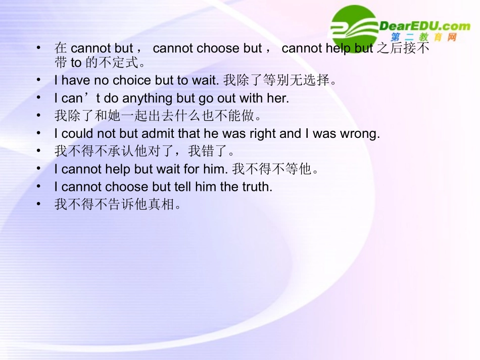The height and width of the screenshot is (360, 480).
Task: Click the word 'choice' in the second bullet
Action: pos(132,81)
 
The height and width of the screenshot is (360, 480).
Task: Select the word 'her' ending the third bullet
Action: pos(277,98)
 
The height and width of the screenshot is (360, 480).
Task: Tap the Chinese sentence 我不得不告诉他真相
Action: pos(117,205)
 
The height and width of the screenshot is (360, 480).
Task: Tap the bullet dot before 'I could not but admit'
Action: pos(39,133)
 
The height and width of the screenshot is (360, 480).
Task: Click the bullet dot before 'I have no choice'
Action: pos(39,80)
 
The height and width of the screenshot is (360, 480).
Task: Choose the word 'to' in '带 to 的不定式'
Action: pos(76,64)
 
